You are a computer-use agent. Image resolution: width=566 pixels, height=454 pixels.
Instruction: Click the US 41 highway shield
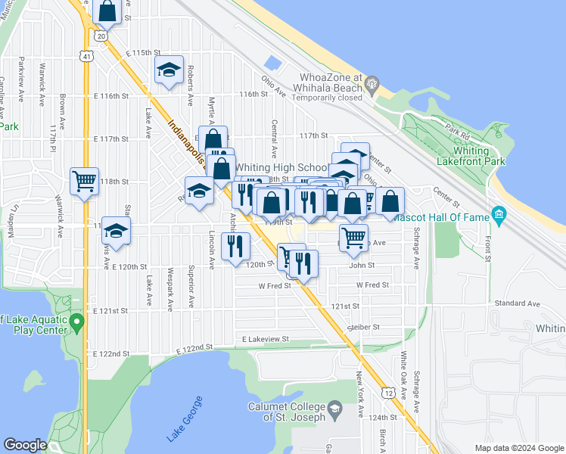89,56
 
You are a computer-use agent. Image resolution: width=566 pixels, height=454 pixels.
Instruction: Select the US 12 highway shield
388,393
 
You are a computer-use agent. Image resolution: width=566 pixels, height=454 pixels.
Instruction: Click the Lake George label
184,419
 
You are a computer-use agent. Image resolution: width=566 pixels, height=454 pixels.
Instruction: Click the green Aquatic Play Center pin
76,325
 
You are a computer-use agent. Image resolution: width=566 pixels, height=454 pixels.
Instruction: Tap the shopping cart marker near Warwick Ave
83,180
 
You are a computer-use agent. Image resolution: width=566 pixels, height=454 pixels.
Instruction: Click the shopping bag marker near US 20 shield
107,11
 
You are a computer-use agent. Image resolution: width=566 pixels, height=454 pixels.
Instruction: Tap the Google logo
25,445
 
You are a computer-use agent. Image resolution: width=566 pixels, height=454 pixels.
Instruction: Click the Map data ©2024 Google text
518,448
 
